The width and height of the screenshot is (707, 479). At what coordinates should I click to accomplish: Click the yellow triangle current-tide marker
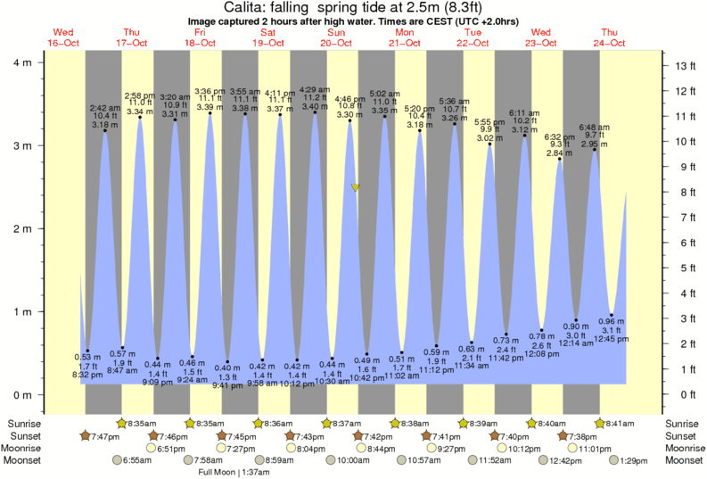[x=356, y=188]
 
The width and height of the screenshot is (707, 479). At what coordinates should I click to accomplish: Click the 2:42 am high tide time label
[x=105, y=108]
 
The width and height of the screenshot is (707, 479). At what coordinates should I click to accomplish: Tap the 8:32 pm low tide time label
[x=87, y=376]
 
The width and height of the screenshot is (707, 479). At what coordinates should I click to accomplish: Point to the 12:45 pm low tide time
[x=612, y=338]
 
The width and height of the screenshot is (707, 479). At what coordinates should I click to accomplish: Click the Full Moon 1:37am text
[x=234, y=472]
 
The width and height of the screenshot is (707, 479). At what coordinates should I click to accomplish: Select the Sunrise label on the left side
[x=24, y=423]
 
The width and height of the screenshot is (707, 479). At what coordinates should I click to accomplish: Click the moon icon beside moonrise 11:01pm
[x=573, y=448]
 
